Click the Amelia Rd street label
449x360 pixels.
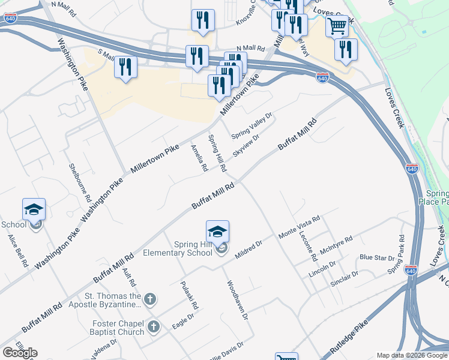pos(199,158)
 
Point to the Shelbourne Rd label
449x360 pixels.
pos(80,182)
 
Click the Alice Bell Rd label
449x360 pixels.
pos(18,250)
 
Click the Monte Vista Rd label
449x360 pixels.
pos(300,227)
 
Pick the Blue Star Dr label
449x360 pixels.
pos(377,257)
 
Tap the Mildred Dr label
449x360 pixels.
pos(249,250)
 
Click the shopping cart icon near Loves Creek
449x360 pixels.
pos(337,26)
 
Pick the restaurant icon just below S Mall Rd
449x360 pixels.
pos(125,67)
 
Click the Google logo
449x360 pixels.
pos(20,353)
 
